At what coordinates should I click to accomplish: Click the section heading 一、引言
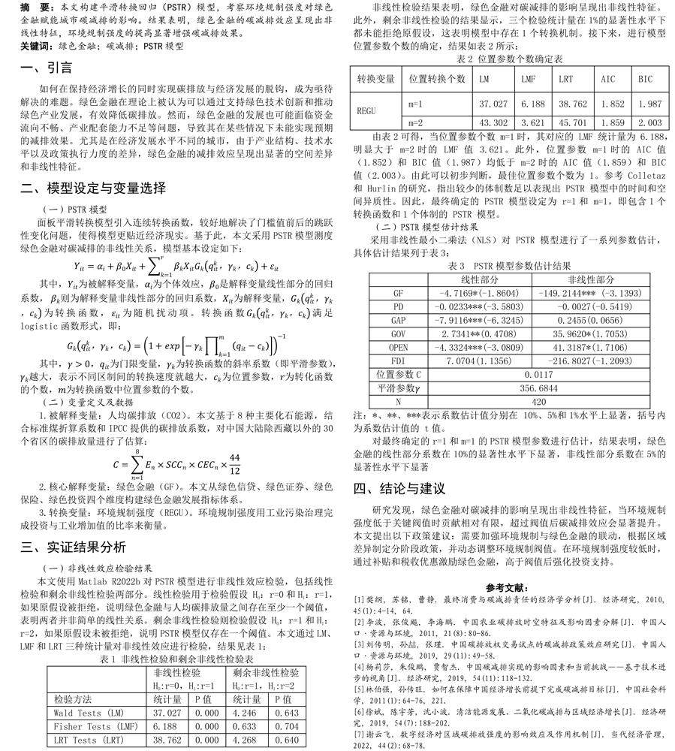pyautogui.click(x=47, y=68)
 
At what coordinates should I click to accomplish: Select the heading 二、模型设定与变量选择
pyautogui.click(x=93, y=187)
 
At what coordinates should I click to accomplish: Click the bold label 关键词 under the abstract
pyautogui.click(x=36, y=47)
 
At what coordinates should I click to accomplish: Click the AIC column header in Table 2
pyautogui.click(x=607, y=79)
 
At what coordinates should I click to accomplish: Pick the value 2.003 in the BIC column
pyautogui.click(x=649, y=122)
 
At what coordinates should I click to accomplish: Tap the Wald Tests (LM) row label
pyautogui.click(x=87, y=712)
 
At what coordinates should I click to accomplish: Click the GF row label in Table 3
pyautogui.click(x=398, y=292)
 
